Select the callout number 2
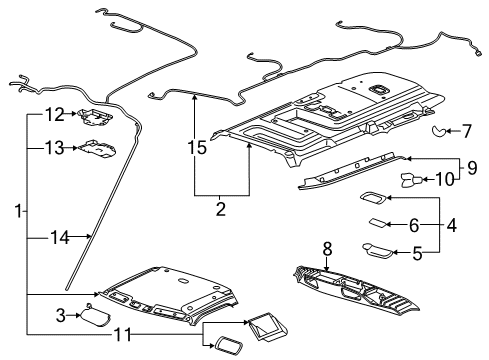pos(221,210)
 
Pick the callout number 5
pos(417,254)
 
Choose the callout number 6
pos(413,226)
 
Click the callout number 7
pos(467,130)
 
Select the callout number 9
pos(469,167)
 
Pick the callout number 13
pos(53,148)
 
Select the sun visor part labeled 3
pos(97,318)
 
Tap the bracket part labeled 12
pos(98,117)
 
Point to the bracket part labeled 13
pos(98,149)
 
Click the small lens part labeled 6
pos(380,223)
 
